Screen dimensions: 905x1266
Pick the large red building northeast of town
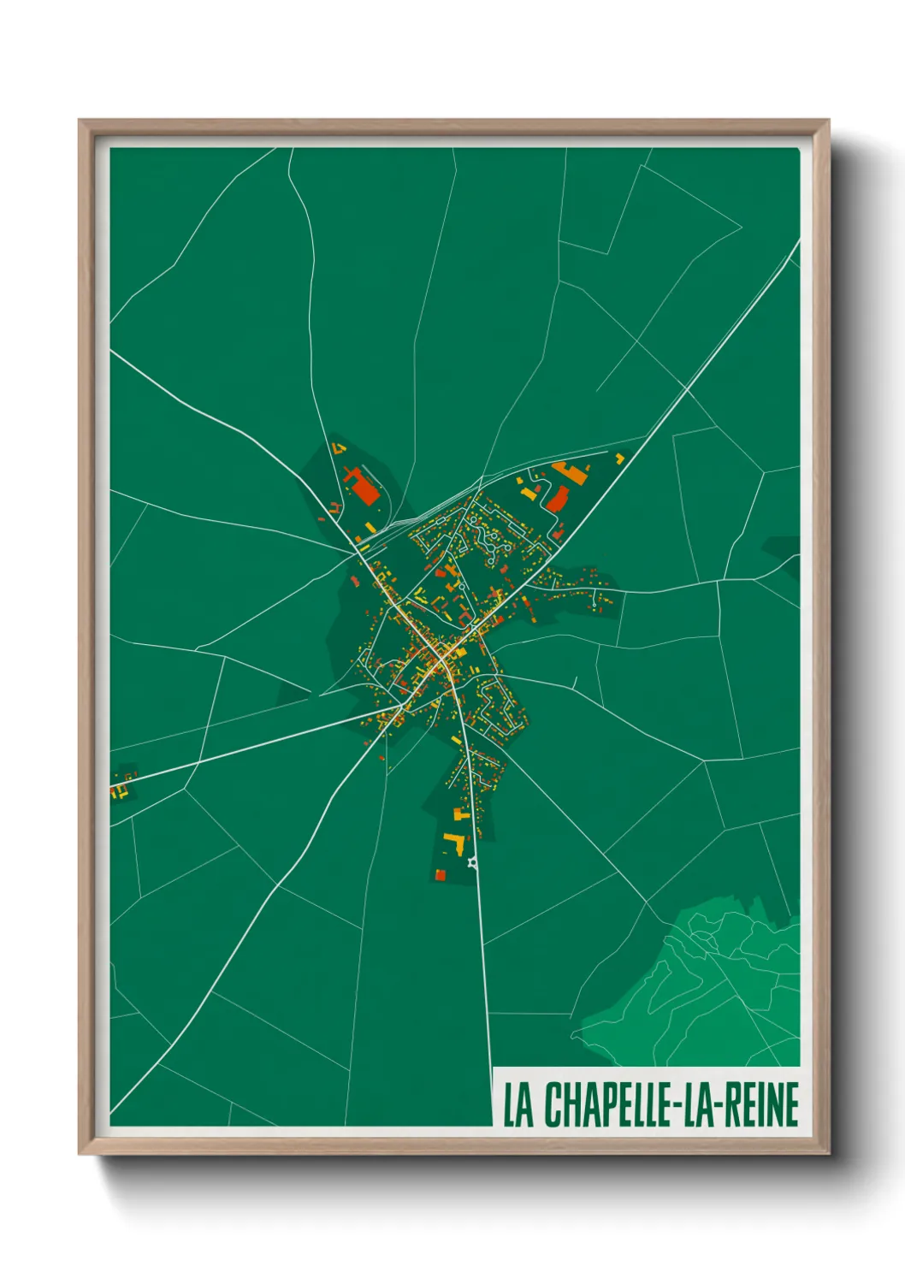point(557,499)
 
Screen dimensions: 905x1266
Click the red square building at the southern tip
point(441,874)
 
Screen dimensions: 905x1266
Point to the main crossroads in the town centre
point(441,660)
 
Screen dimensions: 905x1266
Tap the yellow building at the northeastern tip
point(620,458)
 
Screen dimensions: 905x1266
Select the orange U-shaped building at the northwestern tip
point(339,447)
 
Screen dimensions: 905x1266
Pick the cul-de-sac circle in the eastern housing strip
point(594,605)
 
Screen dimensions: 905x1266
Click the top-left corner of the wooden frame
point(80,121)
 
